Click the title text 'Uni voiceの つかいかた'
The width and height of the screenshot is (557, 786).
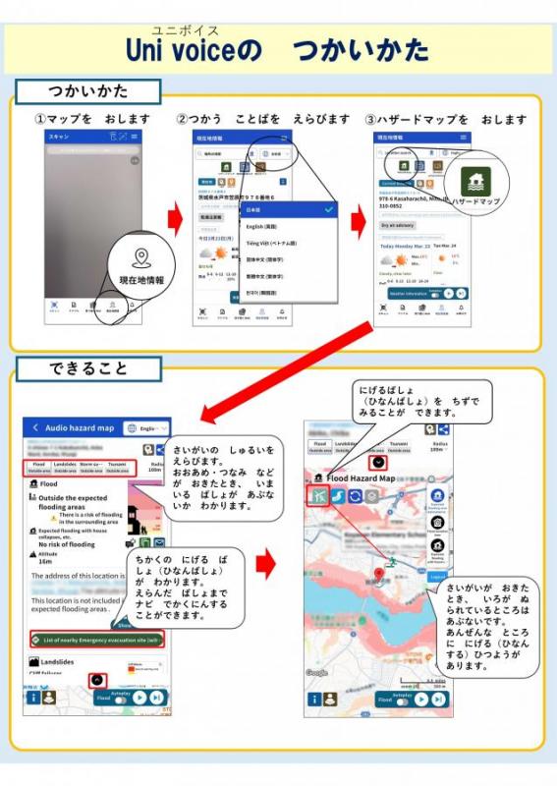[277, 49]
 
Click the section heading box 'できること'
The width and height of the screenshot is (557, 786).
[88, 369]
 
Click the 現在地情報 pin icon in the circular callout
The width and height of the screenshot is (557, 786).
[141, 257]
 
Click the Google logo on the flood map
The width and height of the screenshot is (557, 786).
[316, 673]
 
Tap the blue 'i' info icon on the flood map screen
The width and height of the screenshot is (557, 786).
[314, 700]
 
